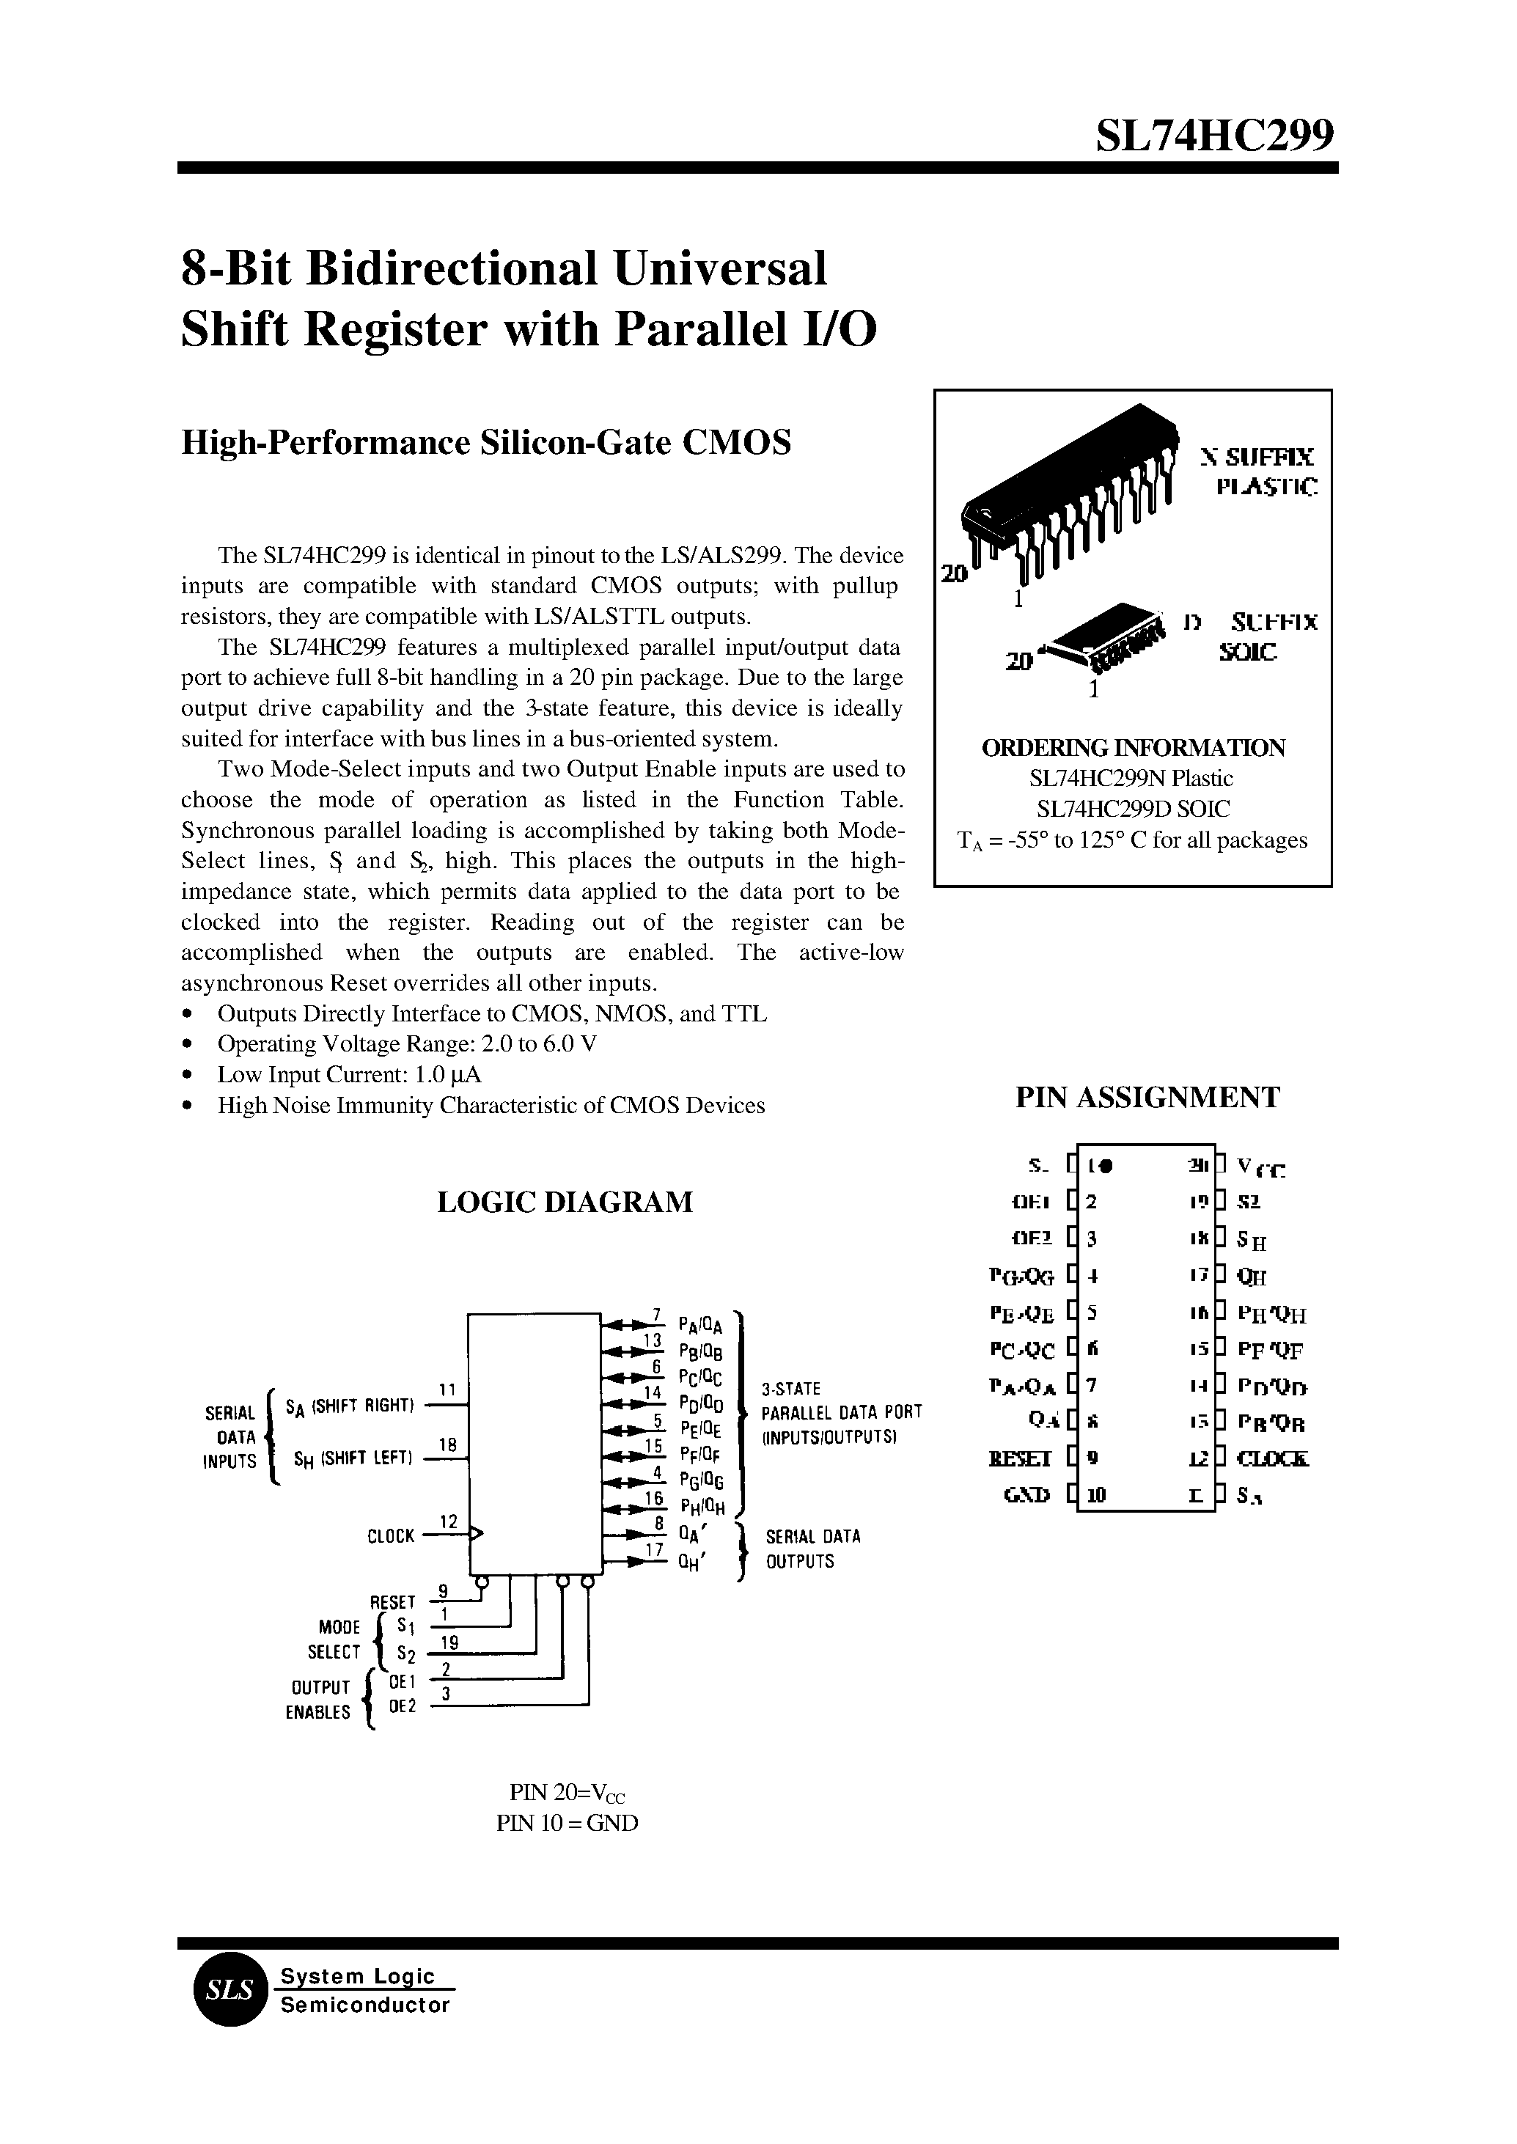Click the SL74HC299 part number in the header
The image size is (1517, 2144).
(x=1214, y=136)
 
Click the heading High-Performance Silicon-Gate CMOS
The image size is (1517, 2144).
(x=485, y=442)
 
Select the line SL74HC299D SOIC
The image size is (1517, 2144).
(x=1133, y=808)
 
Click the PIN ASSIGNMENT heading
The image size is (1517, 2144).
(x=1147, y=1097)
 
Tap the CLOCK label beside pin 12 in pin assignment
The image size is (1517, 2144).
(x=1272, y=1458)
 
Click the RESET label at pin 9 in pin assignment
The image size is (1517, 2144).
(x=1020, y=1458)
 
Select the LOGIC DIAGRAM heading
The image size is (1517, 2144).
(x=565, y=1201)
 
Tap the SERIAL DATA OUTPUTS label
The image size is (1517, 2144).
(x=812, y=1549)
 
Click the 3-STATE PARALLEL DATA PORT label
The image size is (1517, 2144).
(x=841, y=1412)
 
